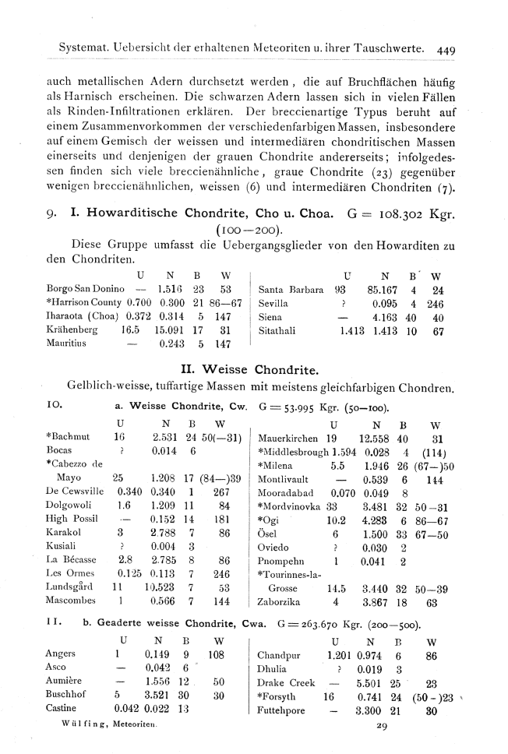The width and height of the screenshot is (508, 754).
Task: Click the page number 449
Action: (446, 49)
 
